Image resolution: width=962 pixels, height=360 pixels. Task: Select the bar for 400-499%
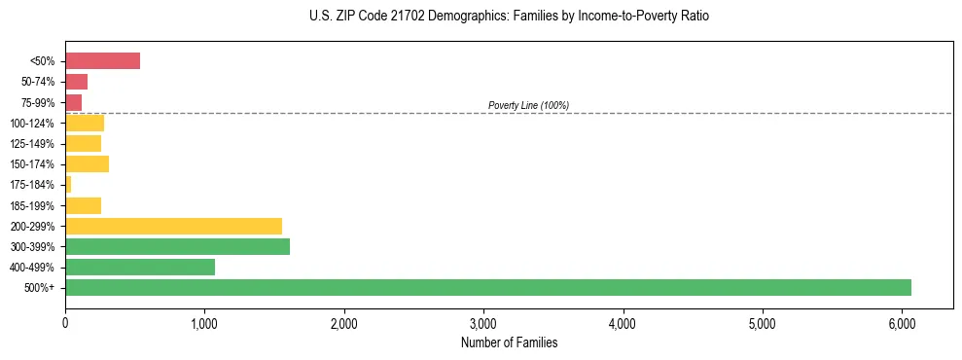tap(140, 267)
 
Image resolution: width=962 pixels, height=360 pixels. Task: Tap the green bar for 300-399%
tap(177, 246)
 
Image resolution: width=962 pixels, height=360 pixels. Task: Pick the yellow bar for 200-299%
tap(173, 226)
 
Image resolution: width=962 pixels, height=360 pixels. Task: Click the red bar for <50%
tap(102, 61)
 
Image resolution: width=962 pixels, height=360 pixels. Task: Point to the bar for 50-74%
tap(76, 82)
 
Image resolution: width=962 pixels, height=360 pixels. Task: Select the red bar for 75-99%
tap(73, 102)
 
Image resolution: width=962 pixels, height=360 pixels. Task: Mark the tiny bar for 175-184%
tap(68, 184)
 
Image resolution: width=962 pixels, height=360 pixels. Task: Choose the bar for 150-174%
tap(87, 163)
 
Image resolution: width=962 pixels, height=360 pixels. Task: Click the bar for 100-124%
tap(85, 123)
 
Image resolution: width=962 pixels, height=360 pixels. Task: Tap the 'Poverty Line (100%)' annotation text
tap(528, 105)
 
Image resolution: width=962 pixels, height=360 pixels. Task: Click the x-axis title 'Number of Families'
tap(510, 343)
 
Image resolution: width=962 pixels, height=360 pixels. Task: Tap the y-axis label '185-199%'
tap(34, 205)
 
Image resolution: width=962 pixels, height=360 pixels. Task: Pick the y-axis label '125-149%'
tap(34, 144)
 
